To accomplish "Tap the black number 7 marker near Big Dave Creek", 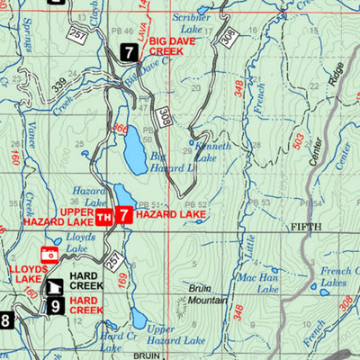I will coord(130,53).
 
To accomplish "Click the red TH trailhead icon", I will coord(104,216).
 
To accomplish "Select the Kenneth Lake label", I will coord(215,152).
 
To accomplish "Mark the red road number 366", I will coord(121,130).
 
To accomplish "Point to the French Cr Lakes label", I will coord(335,276).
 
